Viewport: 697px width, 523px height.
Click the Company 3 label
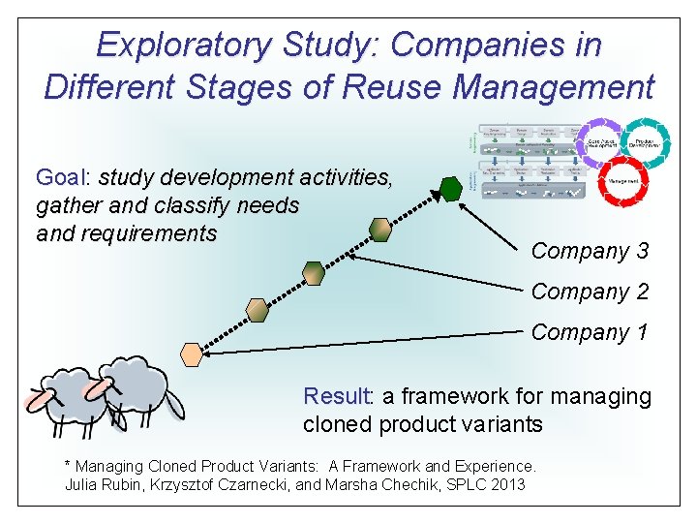[x=590, y=251]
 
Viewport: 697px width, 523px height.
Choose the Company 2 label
[x=590, y=292]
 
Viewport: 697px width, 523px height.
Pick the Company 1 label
[x=590, y=332]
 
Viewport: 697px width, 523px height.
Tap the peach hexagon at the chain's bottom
[x=193, y=354]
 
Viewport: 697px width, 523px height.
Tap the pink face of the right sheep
[x=96, y=389]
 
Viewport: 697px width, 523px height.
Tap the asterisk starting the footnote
[x=67, y=465]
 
